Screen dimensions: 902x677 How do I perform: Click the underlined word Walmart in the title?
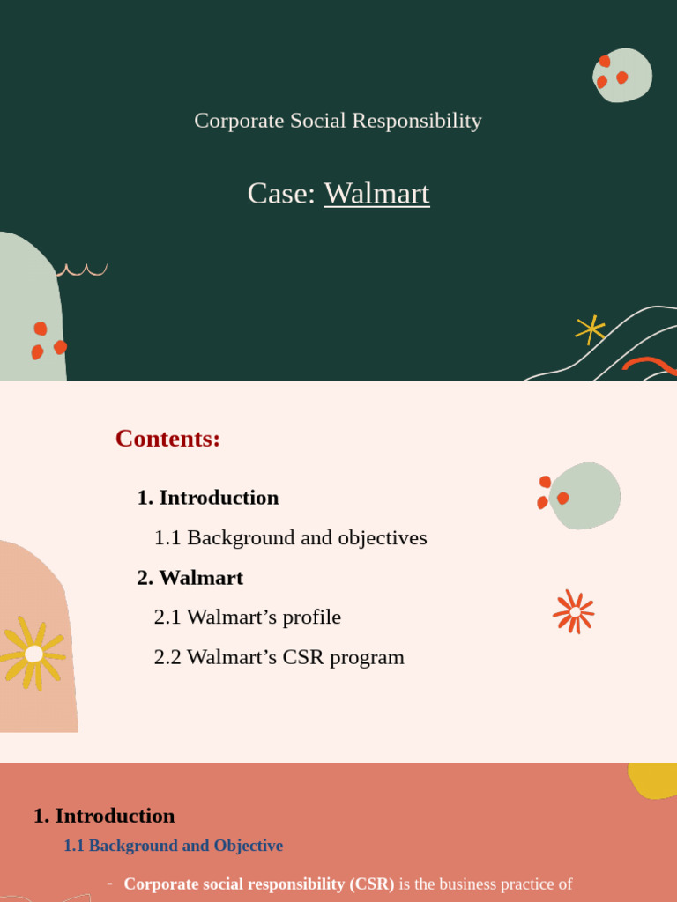coord(376,193)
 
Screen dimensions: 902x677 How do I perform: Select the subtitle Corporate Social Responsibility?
coord(338,121)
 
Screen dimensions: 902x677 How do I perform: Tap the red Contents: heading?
coord(167,438)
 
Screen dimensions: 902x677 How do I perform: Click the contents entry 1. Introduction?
coord(208,498)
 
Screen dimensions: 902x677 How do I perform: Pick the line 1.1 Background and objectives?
coord(290,537)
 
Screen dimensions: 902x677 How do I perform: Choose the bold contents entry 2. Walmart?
coord(190,578)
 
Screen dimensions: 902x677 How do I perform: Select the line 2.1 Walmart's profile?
coord(247,617)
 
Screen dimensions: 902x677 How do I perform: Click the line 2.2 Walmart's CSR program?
coord(279,657)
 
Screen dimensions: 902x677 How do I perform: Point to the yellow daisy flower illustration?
coord(33,654)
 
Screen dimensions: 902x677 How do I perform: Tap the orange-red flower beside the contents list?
coord(574,611)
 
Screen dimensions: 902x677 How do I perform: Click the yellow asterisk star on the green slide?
coord(590,329)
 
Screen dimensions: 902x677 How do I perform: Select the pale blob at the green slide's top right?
coord(623,75)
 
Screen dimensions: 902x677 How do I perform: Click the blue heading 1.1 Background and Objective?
coord(173,846)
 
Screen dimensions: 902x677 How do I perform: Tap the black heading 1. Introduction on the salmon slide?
coord(104,816)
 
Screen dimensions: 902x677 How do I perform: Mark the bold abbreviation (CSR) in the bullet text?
coord(371,884)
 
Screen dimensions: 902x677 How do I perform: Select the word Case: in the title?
coord(281,193)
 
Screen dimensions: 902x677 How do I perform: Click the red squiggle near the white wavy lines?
coord(650,364)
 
